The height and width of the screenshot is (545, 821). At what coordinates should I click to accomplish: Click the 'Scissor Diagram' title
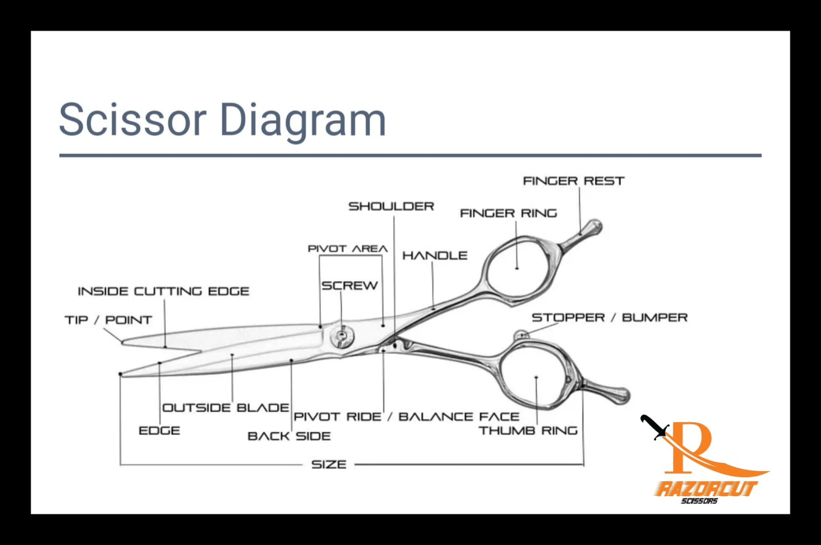tap(222, 119)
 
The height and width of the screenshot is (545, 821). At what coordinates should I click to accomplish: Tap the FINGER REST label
tap(573, 181)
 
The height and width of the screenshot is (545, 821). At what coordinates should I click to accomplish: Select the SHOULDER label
tap(391, 206)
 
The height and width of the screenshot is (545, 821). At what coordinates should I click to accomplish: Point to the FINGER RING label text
tap(508, 213)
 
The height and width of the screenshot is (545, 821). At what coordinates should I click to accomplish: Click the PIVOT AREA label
tap(347, 249)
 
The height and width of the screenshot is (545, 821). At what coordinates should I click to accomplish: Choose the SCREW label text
tap(349, 286)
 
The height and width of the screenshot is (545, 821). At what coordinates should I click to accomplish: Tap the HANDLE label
tap(435, 256)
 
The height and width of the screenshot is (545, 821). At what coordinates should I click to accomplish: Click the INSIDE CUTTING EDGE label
tap(163, 291)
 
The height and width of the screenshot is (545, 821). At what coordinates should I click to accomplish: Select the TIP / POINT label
tap(108, 320)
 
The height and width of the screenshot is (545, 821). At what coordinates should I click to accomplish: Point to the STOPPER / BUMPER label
tap(609, 318)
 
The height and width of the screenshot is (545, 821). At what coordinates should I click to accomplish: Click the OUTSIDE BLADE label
tap(225, 408)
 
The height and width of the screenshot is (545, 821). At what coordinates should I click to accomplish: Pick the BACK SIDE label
tap(289, 436)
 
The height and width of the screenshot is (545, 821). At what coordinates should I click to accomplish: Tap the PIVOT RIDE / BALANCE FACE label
tap(406, 417)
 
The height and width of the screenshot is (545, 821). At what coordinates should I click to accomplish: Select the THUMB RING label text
tap(528, 431)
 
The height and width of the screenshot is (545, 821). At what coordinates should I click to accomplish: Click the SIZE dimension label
tap(329, 465)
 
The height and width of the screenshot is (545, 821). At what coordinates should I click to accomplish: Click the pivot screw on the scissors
tap(341, 336)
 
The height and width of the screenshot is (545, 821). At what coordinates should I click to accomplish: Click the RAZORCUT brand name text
tap(706, 488)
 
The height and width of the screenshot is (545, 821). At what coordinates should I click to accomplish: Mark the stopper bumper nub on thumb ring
tap(521, 335)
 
